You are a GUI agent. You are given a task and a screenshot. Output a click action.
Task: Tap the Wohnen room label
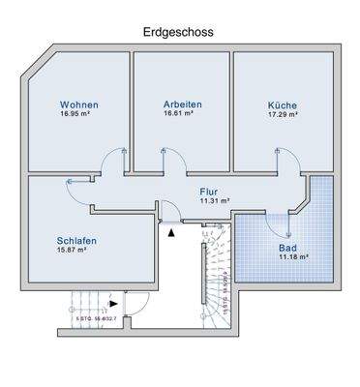[78, 104]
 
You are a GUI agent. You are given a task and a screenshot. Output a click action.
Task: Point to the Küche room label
[283, 104]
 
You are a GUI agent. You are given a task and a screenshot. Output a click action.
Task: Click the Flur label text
[210, 192]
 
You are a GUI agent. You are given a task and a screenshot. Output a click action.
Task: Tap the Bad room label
[288, 247]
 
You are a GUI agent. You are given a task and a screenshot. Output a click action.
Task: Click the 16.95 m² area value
[78, 114]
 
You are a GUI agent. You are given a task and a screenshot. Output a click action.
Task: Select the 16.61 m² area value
[179, 114]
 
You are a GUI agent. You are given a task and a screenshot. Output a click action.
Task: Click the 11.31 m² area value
[214, 201]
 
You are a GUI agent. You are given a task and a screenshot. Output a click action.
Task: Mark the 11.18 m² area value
[292, 256]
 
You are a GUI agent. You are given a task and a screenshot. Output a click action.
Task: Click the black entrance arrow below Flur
[171, 231]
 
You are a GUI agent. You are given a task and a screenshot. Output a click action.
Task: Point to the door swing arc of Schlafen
[74, 187]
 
